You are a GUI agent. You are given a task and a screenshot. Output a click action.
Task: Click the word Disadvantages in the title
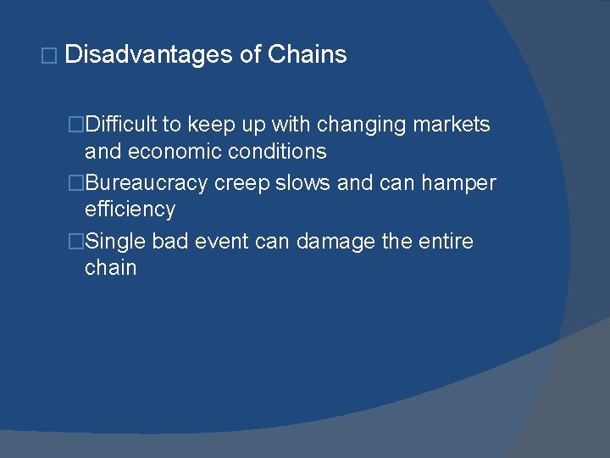147,55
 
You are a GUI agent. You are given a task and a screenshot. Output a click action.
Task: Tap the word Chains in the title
307,55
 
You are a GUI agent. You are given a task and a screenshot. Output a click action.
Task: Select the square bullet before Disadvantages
48,57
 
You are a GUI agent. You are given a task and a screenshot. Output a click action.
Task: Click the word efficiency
130,210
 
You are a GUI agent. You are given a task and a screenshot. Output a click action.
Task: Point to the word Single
116,242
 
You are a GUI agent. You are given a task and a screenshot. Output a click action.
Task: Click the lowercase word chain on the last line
110,268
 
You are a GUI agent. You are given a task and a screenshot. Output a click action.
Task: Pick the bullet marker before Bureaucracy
76,184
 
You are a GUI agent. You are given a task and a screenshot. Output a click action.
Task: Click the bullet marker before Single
76,243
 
